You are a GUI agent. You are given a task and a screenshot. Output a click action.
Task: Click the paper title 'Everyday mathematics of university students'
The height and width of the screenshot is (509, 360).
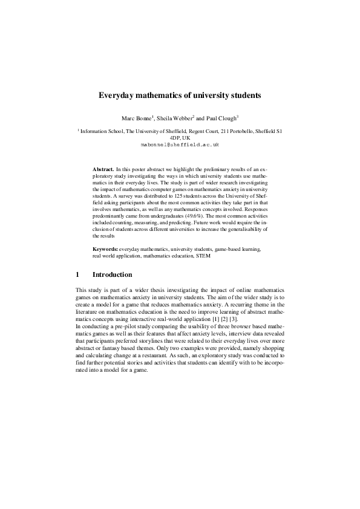(180, 96)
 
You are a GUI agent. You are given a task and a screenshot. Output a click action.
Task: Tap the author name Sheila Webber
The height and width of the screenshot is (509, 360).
(175, 117)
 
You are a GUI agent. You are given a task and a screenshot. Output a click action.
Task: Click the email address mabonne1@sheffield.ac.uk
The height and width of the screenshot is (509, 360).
(180, 145)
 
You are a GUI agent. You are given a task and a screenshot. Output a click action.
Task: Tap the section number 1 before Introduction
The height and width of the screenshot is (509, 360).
(77, 274)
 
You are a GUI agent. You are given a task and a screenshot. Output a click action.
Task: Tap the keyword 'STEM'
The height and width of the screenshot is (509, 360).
(204, 256)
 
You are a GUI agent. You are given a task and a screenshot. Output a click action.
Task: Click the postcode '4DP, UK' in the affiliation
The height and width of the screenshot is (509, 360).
(180, 138)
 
